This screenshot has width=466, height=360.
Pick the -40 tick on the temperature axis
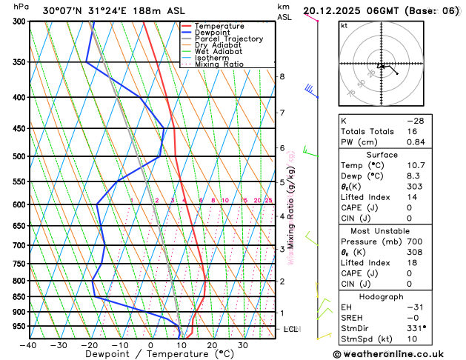point(28,345)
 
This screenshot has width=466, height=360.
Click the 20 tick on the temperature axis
point(212,345)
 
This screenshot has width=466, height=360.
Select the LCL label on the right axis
point(291,328)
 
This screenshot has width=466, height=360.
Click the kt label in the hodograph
point(344,25)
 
